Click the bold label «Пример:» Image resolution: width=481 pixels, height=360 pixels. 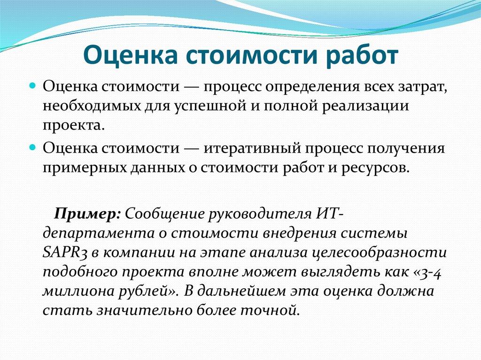[x=88, y=214]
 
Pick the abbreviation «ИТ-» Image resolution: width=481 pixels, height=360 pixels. [x=331, y=214]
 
